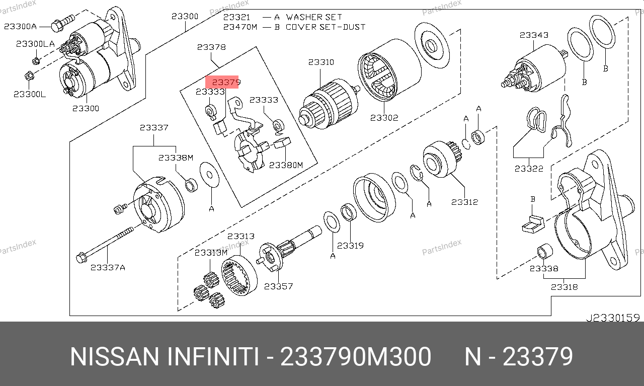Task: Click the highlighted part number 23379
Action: [226, 82]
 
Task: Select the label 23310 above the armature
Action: [321, 62]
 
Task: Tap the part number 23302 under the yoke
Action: [384, 118]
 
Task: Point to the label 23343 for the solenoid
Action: [534, 35]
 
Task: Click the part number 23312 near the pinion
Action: [464, 202]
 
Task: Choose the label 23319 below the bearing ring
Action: [350, 246]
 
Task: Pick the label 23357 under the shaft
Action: [278, 286]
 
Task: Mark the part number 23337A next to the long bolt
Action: [108, 267]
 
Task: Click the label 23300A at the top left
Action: [21, 25]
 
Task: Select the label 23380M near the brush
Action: [286, 165]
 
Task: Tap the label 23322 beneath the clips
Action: [529, 169]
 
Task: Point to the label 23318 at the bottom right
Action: [564, 287]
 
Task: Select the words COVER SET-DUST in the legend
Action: [326, 27]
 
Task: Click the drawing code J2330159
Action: [612, 318]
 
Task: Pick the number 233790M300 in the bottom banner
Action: [355, 357]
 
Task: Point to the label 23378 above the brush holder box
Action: [211, 47]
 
